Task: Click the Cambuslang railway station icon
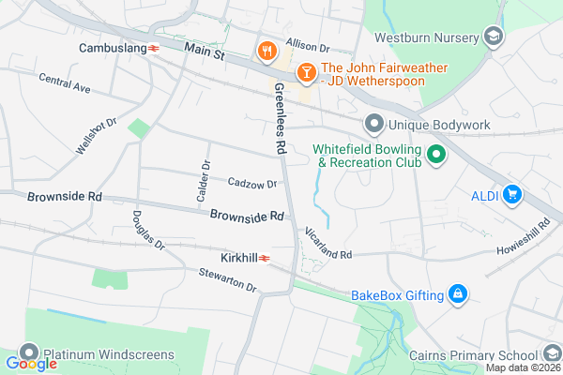(x=153, y=48)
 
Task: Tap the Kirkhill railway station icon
(x=266, y=257)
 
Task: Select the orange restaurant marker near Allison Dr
(x=266, y=50)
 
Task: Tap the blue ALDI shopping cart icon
(x=511, y=195)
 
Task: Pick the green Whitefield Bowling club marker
(x=434, y=155)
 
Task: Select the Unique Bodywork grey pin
(x=373, y=124)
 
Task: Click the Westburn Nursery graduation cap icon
(x=494, y=38)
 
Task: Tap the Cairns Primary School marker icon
(x=552, y=355)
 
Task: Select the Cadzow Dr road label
(x=252, y=184)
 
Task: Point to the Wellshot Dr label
(x=98, y=137)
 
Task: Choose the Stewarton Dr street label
(x=227, y=279)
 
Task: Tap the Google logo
(x=31, y=364)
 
